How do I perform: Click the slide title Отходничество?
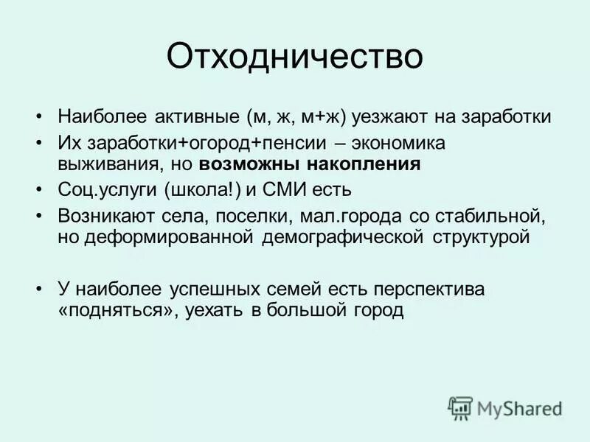pyautogui.click(x=295, y=57)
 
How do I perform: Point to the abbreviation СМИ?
pyautogui.click(x=286, y=190)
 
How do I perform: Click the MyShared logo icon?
pyautogui.click(x=460, y=407)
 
